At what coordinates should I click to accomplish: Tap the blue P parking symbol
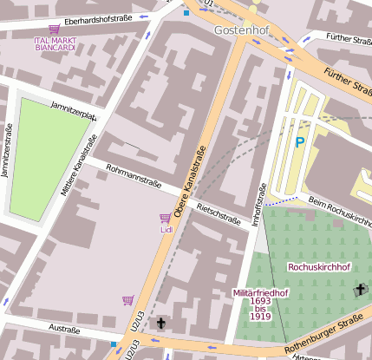tap(300, 142)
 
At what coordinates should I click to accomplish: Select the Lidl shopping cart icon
tap(165, 219)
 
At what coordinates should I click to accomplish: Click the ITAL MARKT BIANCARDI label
tap(54, 43)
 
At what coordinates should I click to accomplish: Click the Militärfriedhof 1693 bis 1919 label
tap(261, 304)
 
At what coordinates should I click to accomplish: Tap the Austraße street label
tap(65, 330)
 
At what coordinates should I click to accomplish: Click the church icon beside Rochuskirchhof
tap(361, 290)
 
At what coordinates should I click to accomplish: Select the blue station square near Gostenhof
tap(186, 13)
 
